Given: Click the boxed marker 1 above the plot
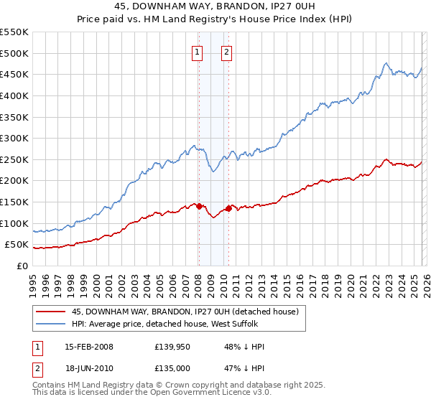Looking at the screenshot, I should (x=197, y=51).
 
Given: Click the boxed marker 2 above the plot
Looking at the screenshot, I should (x=226, y=51).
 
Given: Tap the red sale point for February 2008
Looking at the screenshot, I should (x=199, y=206).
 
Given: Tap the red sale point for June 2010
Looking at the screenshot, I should (x=228, y=208).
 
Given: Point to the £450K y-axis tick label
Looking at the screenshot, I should (x=14, y=74).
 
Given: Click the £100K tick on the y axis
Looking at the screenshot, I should (x=14, y=223).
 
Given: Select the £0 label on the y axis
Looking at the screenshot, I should (x=22, y=266).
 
